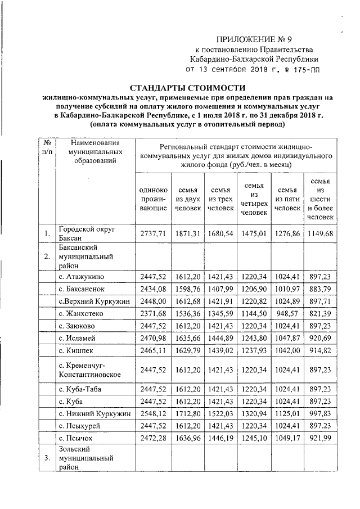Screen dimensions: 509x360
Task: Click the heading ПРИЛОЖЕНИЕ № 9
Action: click(x=254, y=39)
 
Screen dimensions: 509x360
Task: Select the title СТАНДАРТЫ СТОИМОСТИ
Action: click(x=188, y=88)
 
